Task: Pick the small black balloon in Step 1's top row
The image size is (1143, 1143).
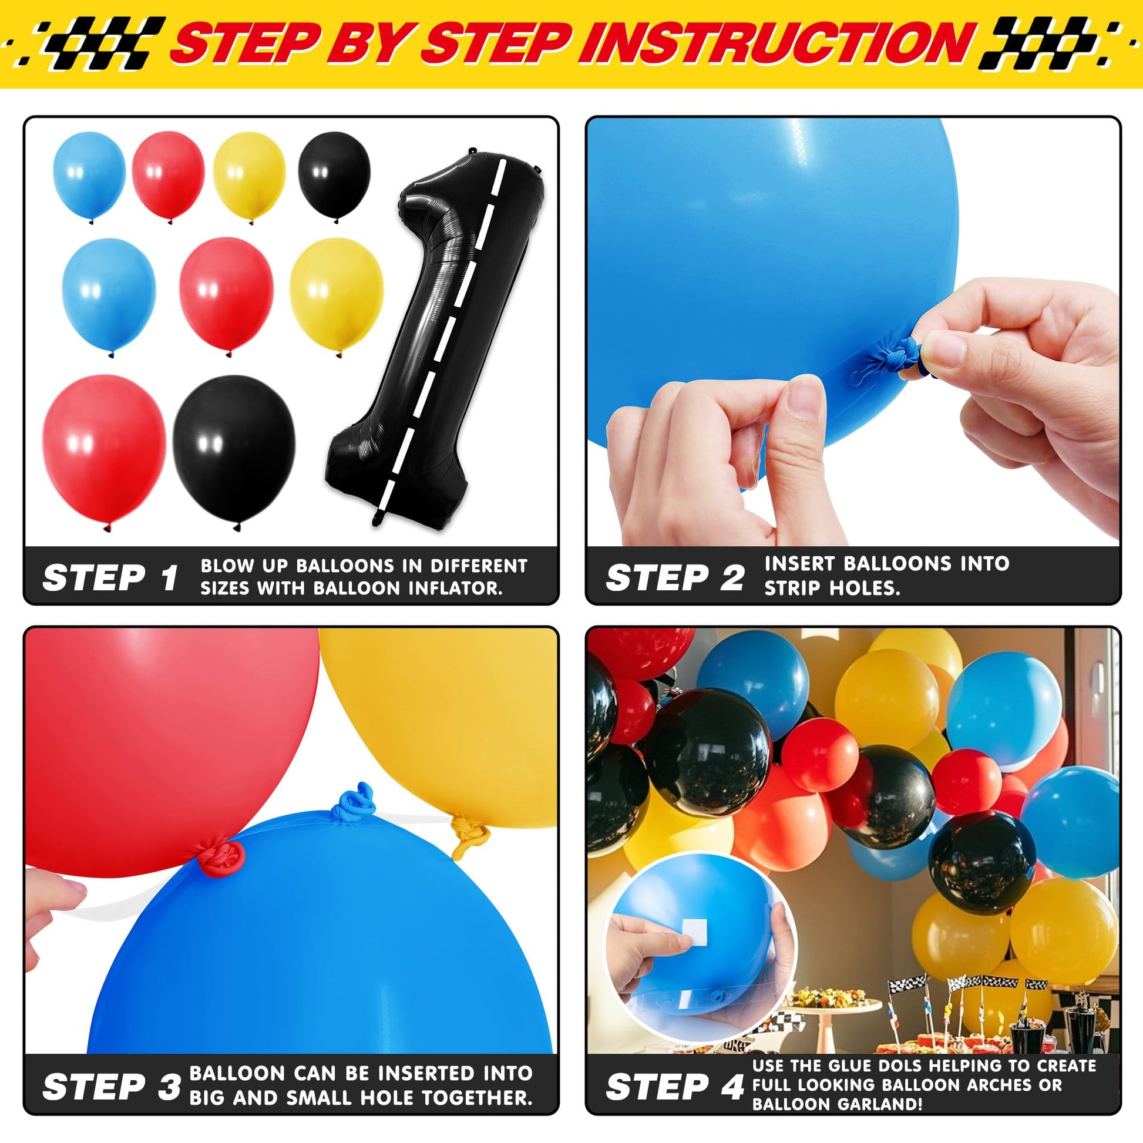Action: tap(334, 176)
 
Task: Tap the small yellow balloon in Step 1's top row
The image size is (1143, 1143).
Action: tap(249, 176)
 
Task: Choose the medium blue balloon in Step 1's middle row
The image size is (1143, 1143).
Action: tap(109, 297)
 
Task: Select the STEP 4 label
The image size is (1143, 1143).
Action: tap(674, 1086)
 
